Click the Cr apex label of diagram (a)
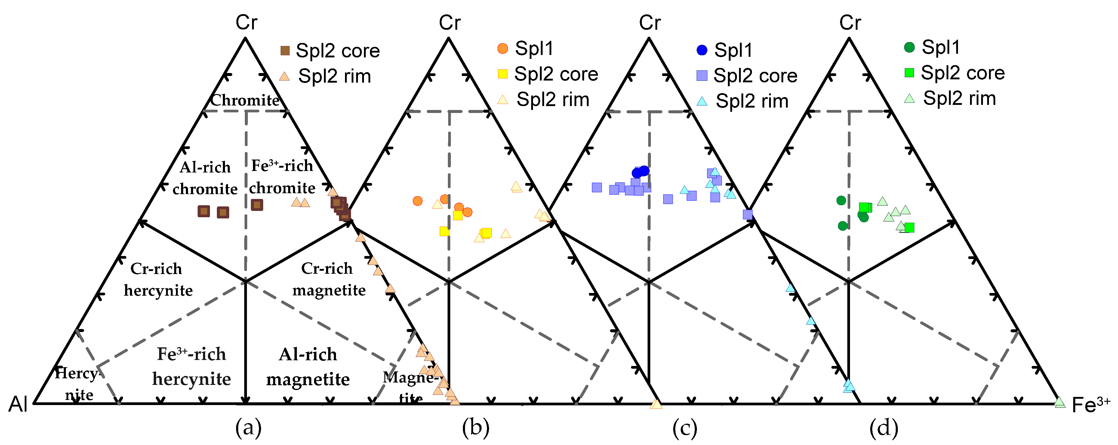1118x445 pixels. tap(246, 23)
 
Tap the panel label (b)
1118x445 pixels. tap(475, 428)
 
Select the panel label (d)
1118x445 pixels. tap(884, 428)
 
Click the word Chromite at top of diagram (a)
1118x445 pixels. tap(245, 100)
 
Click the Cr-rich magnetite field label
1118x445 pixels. tap(328, 279)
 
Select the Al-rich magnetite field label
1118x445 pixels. tap(308, 367)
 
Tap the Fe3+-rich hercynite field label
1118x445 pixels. tap(191, 367)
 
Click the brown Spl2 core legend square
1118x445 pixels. tap(285, 51)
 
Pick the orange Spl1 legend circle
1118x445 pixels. tap(503, 48)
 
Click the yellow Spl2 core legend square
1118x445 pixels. tap(503, 74)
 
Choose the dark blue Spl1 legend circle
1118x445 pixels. tap(702, 50)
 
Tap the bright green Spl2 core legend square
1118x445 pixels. tap(909, 72)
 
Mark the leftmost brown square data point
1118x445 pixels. tap(204, 211)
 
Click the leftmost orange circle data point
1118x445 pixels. tap(417, 201)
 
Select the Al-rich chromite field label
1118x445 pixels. tap(205, 178)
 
